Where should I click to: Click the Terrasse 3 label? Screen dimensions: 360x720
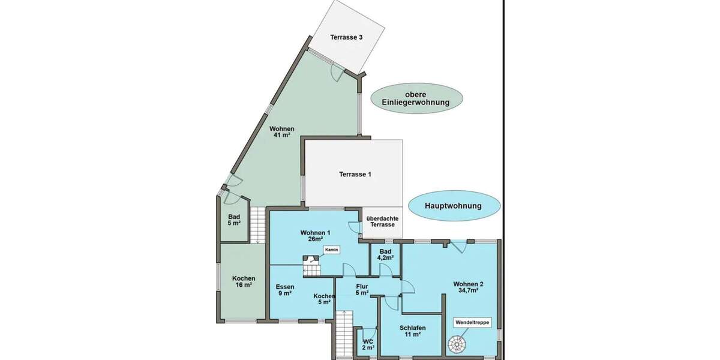click(x=346, y=37)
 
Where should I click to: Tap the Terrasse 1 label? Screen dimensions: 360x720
click(x=355, y=175)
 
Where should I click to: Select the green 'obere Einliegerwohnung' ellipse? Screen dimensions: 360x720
click(x=416, y=98)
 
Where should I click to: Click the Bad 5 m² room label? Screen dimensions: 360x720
click(x=234, y=220)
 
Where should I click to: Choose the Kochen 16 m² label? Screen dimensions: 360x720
click(x=244, y=281)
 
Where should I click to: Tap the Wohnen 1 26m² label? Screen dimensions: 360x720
click(x=315, y=236)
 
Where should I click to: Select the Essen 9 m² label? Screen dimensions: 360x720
click(x=284, y=290)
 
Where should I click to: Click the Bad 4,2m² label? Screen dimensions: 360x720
click(x=385, y=254)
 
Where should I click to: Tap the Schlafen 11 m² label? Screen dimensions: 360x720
click(x=412, y=331)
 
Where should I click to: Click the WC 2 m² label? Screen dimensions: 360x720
click(x=368, y=344)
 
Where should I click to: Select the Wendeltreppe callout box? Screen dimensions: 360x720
click(x=472, y=322)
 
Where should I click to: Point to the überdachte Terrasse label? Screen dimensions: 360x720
click(x=382, y=221)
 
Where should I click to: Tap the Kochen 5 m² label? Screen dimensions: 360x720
click(x=323, y=299)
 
